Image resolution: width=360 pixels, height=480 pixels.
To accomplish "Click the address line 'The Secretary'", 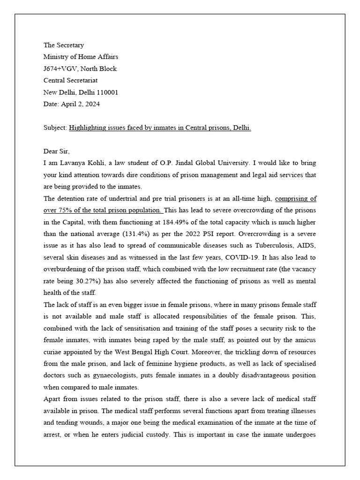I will pos(64,45).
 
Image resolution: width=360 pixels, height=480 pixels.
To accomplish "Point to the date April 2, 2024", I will pos(80,104).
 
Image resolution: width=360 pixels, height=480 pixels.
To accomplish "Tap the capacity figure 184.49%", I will pos(173,222).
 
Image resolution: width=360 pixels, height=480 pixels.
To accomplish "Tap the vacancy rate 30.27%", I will pos(80,281).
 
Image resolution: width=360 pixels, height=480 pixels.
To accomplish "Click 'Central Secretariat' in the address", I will pos(70,81).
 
